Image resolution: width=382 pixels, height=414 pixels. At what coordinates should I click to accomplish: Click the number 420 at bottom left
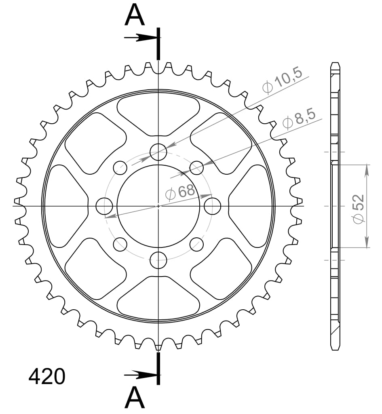click(46, 377)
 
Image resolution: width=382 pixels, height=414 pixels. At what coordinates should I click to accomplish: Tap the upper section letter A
click(135, 16)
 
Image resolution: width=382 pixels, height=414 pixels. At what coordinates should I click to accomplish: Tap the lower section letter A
click(135, 398)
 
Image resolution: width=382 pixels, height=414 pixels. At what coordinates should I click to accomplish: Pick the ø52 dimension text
click(358, 208)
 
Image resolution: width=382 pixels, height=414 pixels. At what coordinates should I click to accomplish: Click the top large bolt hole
click(158, 152)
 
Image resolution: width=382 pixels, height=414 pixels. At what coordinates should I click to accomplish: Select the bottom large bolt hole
click(158, 260)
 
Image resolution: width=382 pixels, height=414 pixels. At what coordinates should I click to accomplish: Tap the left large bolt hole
click(104, 206)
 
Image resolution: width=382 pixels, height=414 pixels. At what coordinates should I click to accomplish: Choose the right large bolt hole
click(212, 206)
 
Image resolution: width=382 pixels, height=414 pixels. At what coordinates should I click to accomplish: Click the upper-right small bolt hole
click(196, 168)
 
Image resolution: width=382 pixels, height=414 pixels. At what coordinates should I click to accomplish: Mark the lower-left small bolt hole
click(120, 244)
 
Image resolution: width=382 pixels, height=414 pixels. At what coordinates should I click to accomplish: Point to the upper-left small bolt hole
click(120, 168)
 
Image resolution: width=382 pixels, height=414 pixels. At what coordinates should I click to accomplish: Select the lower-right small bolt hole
click(196, 244)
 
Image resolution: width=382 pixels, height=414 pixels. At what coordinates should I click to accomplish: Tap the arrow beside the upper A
click(139, 38)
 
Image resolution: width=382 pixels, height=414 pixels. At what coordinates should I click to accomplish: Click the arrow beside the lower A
click(139, 375)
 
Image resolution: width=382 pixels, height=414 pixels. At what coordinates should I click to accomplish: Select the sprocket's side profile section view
click(335, 206)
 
